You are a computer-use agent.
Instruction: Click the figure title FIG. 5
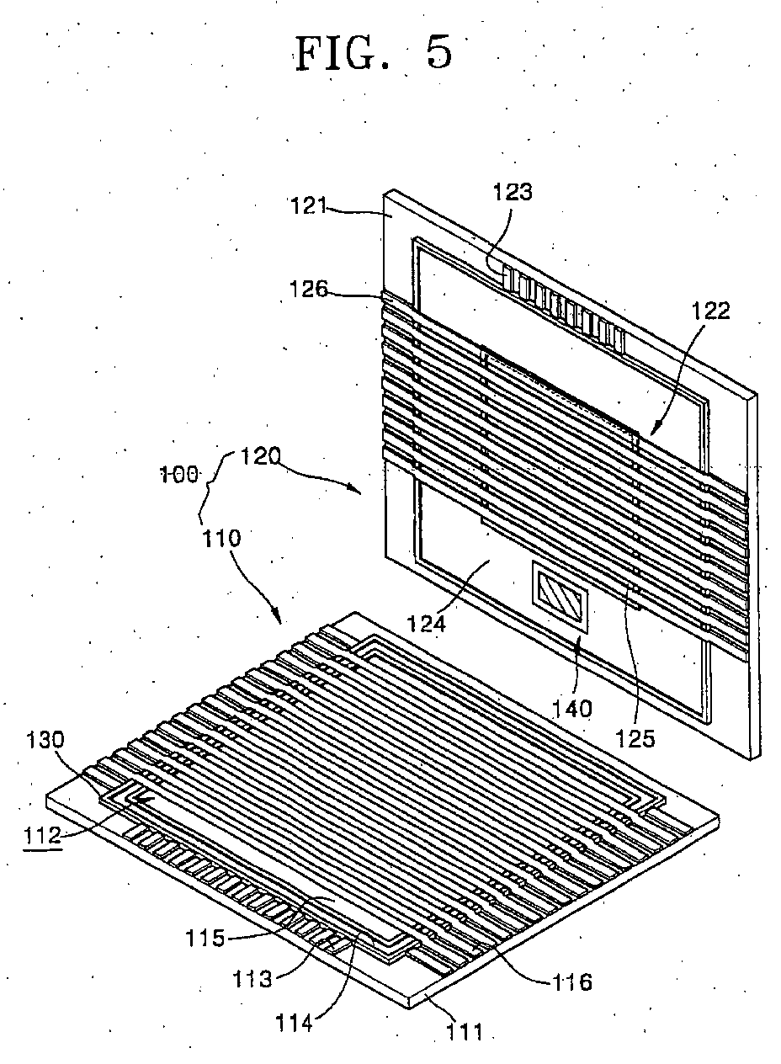tap(374, 53)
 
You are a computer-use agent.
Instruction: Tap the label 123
tap(513, 192)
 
